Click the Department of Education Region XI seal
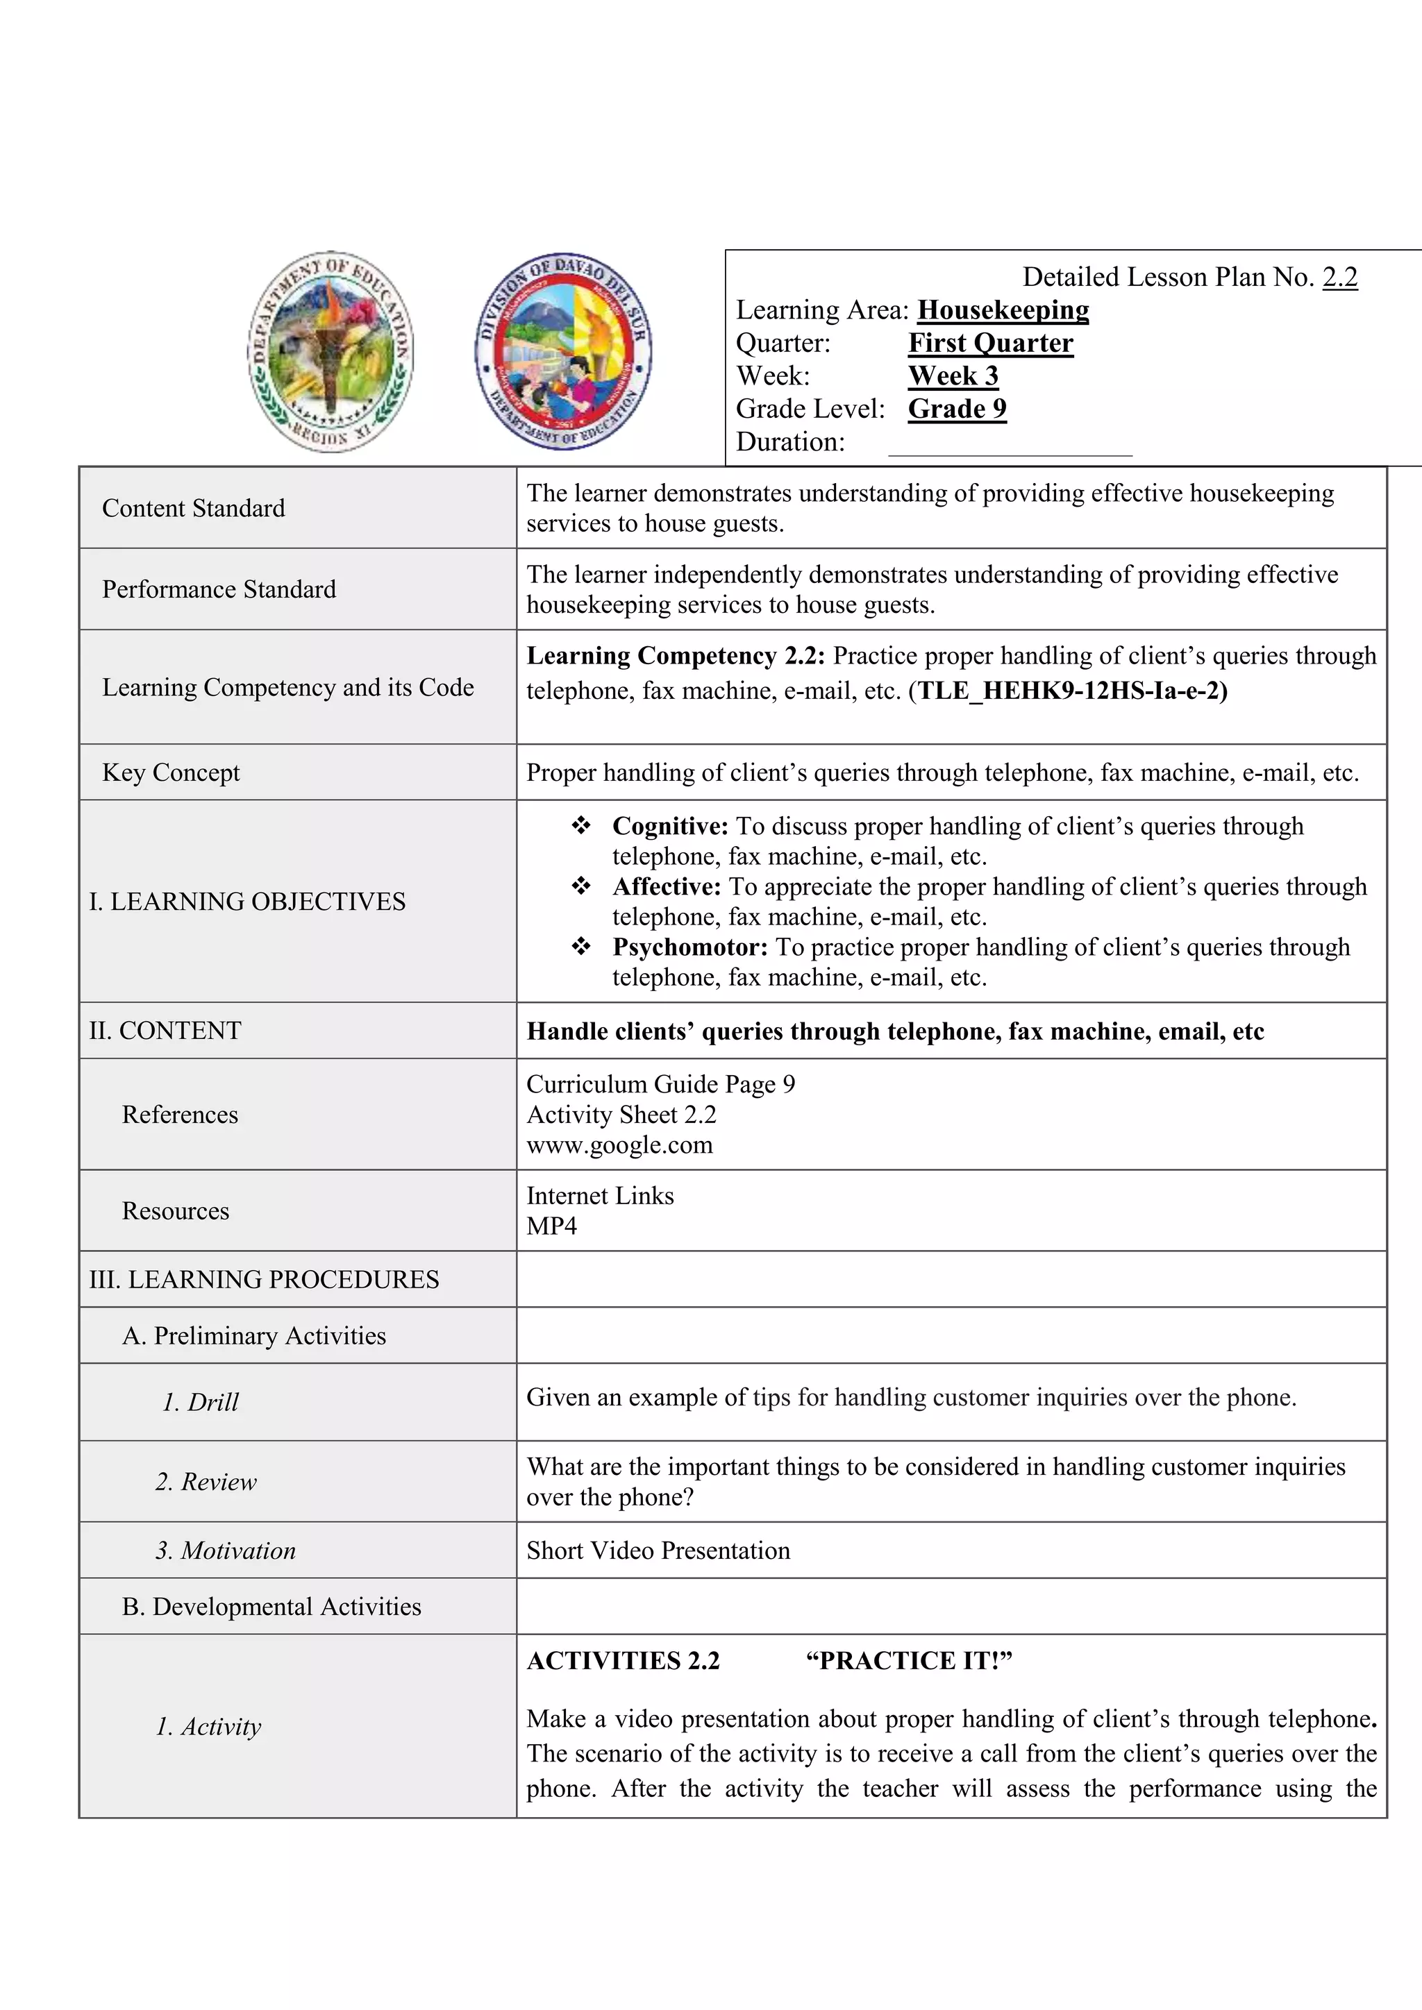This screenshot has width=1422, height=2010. coord(330,352)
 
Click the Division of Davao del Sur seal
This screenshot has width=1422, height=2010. coord(563,352)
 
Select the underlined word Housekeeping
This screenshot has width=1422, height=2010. coord(1003,310)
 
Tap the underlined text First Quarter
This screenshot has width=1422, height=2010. coord(990,343)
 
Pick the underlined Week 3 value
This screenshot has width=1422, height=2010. coord(953,375)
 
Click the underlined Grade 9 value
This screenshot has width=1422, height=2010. coord(957,409)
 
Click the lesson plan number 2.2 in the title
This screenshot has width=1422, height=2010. coord(1339,278)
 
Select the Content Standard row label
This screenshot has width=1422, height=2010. coord(194,509)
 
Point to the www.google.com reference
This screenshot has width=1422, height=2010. coord(619,1145)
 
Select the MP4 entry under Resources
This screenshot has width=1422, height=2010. coord(551,1226)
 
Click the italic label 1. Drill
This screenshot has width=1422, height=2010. coord(201,1403)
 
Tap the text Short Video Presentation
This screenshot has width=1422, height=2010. coord(658,1551)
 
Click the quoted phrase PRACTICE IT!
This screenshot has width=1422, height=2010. coord(908,1661)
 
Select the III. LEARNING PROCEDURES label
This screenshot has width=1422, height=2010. coord(264,1280)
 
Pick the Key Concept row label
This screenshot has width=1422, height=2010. coord(171,773)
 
